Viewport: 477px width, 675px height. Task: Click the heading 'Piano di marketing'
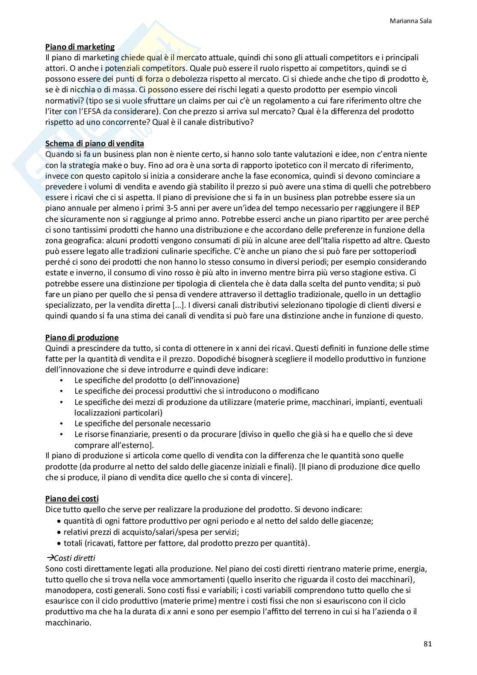coord(80,47)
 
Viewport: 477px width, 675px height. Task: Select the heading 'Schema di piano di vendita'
coord(94,144)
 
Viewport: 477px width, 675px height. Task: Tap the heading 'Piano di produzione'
coord(82,338)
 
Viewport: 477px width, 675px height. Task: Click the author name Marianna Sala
coord(411,21)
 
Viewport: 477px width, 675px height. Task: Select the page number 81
coord(427,644)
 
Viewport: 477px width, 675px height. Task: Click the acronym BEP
coord(421,208)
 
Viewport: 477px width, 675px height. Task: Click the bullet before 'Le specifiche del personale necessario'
coord(62,424)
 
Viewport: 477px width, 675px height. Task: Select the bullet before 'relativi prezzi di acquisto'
coord(59,532)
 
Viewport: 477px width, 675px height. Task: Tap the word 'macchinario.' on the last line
coord(68,622)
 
